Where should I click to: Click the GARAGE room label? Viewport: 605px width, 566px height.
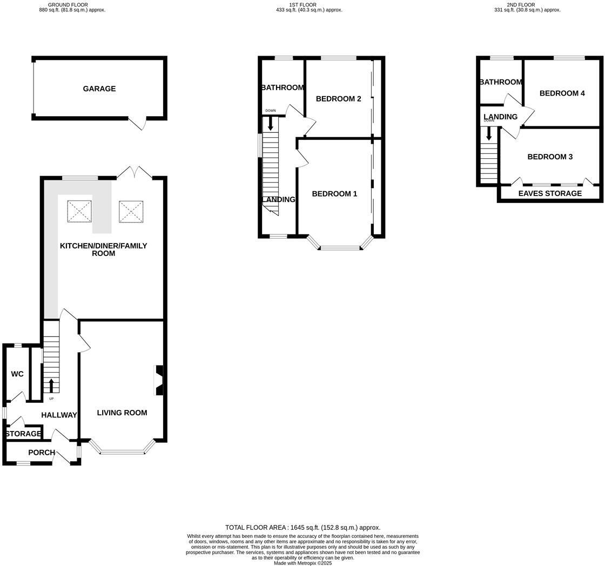point(99,89)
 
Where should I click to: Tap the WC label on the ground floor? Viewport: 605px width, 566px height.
point(17,374)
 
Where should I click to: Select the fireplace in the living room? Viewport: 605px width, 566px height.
point(159,380)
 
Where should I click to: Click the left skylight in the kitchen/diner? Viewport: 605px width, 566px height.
point(79,211)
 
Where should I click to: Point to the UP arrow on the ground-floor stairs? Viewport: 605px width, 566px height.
point(51,386)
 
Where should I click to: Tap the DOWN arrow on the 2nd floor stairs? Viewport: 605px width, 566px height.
point(489,132)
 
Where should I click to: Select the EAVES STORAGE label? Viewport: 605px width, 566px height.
point(550,193)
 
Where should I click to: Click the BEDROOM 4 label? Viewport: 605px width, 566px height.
point(562,93)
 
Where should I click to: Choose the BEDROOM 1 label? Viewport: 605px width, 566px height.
point(334,193)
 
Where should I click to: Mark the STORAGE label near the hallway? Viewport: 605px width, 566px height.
point(23,434)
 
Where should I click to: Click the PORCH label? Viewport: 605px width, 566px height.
point(42,452)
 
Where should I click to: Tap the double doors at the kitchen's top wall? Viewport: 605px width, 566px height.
point(135,172)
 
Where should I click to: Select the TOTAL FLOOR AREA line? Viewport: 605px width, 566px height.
point(302,527)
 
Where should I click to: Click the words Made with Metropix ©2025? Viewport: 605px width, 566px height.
point(302,563)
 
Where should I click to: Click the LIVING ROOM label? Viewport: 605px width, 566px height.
point(122,413)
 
